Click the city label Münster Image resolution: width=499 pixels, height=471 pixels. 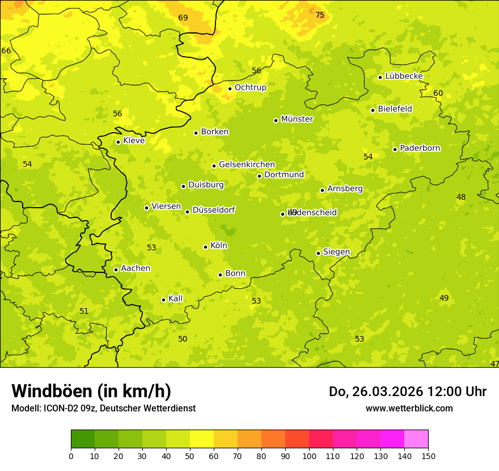[297, 119]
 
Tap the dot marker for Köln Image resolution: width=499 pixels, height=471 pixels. [205, 247]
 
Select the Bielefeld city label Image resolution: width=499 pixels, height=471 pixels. [395, 109]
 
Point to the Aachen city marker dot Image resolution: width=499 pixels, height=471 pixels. [116, 270]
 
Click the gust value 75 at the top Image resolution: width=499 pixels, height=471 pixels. [320, 15]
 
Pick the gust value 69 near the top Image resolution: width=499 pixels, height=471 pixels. [183, 18]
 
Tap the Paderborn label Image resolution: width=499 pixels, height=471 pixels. [420, 148]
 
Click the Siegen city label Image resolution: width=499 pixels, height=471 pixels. [336, 252]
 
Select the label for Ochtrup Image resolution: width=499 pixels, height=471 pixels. [250, 87]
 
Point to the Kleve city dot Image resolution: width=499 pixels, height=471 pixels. [118, 142]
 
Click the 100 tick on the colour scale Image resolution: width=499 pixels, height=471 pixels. [309, 456]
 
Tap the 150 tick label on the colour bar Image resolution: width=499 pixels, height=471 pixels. [428, 456]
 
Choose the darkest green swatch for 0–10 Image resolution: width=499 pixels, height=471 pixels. [83, 439]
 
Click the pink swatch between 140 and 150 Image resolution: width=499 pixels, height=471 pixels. [416, 439]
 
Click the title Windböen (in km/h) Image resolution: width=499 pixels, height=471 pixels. [91, 391]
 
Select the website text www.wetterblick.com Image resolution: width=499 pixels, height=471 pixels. [409, 408]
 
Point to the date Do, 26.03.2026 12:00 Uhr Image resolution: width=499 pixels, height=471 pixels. [407, 392]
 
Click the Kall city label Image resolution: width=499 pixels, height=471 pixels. [175, 298]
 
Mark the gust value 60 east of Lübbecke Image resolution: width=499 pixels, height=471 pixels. [438, 93]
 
